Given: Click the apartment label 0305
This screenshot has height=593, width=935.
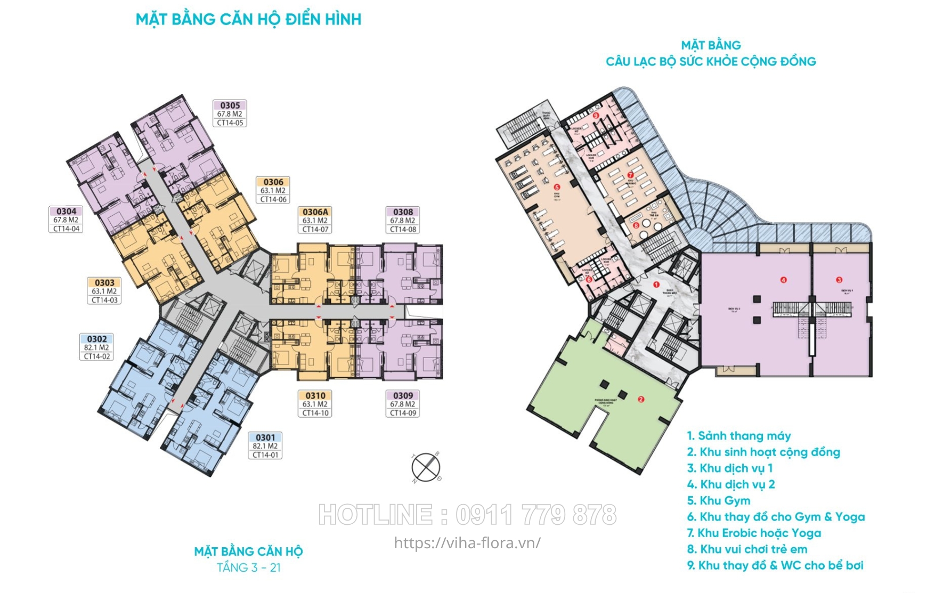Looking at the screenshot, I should click(x=230, y=113).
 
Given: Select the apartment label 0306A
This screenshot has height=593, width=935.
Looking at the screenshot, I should click(x=315, y=220).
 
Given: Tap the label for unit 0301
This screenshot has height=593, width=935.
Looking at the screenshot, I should click(x=265, y=446).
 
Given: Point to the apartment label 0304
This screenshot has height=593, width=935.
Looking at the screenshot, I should click(x=66, y=220).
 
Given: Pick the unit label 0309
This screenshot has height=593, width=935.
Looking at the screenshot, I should click(x=403, y=404).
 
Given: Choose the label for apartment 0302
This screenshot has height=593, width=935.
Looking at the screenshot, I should click(x=96, y=347).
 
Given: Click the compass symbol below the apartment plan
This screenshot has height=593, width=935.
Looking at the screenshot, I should click(x=426, y=468).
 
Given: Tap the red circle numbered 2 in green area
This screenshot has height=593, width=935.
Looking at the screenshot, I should click(x=641, y=399).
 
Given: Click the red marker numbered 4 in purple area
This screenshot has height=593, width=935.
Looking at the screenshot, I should click(x=783, y=280).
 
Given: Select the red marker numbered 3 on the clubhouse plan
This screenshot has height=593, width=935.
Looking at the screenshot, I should click(x=839, y=280).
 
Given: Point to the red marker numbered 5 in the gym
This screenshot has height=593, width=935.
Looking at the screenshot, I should click(x=557, y=187).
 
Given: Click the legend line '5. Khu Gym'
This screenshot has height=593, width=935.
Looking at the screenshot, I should click(x=718, y=501).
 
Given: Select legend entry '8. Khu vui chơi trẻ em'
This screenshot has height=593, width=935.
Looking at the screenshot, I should click(x=747, y=549).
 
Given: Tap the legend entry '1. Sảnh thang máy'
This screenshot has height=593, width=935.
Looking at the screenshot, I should click(x=739, y=436).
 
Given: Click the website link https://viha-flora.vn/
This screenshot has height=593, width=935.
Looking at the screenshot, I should click(x=467, y=543).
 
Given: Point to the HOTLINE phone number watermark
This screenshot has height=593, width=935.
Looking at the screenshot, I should click(x=467, y=515).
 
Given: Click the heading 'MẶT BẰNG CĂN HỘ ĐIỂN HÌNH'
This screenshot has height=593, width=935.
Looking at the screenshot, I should click(x=248, y=20).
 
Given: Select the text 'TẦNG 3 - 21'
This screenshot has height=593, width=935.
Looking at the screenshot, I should click(x=248, y=567).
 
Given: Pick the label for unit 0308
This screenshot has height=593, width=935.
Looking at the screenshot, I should click(x=403, y=220).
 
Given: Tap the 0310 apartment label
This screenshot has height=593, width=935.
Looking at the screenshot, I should click(x=315, y=404).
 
